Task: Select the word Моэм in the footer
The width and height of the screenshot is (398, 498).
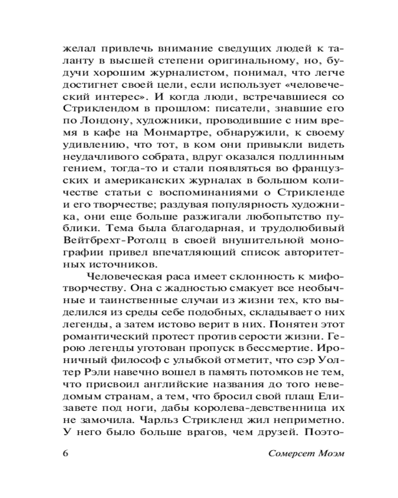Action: [328, 454]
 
